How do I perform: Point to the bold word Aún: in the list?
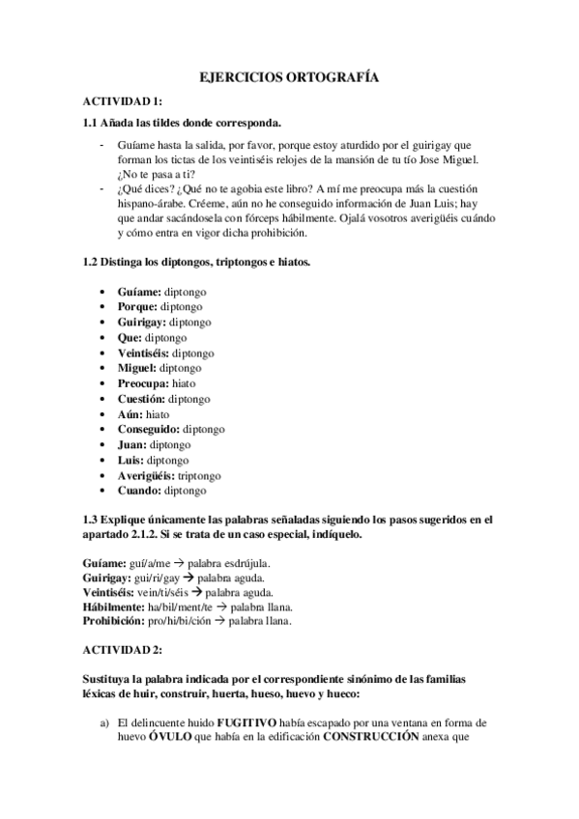pyautogui.click(x=130, y=413)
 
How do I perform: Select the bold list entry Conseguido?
pyautogui.click(x=149, y=429)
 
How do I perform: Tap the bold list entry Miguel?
pyautogui.click(x=137, y=367)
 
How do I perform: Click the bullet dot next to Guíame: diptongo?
pyautogui.click(x=104, y=291)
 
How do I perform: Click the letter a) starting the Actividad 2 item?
pyautogui.click(x=101, y=721)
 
